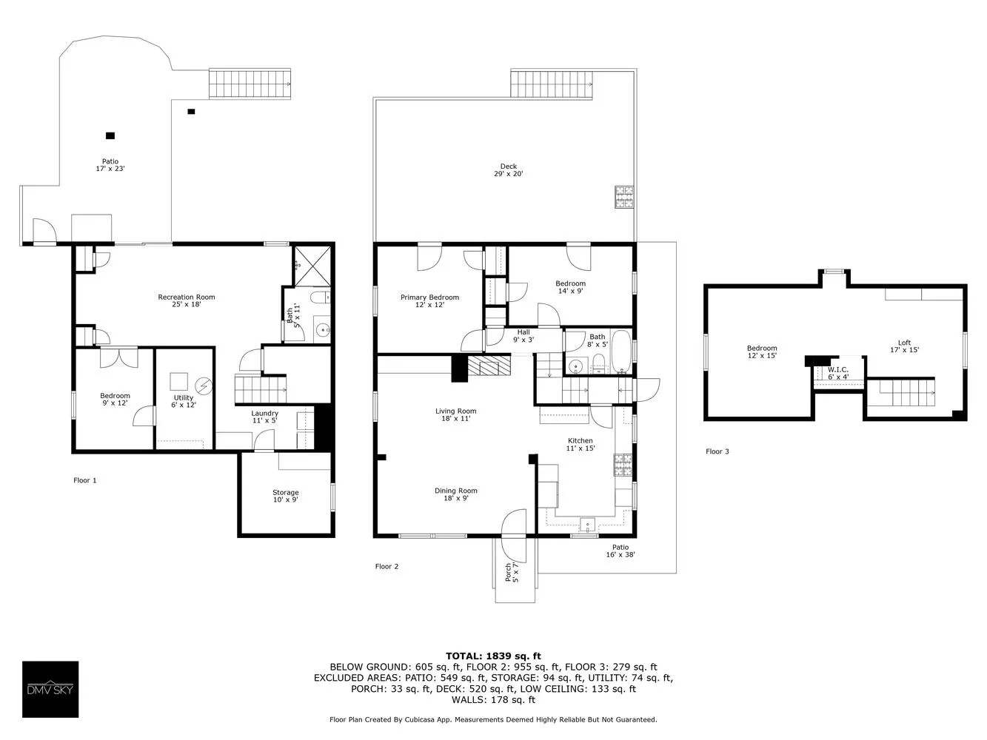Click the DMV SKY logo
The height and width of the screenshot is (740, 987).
[x=50, y=689]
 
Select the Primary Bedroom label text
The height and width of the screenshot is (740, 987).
[x=429, y=297]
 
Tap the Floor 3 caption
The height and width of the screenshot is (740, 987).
[x=717, y=451]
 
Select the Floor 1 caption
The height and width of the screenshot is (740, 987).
[x=84, y=480]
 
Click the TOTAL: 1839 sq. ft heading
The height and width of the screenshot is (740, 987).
[x=493, y=656]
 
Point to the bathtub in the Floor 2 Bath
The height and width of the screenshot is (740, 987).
[x=621, y=353]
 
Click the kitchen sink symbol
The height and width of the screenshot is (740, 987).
[x=588, y=525]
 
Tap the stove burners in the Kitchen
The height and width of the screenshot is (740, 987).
[x=621, y=465]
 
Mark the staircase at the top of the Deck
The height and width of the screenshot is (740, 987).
[x=552, y=83]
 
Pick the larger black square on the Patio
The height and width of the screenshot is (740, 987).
[x=110, y=135]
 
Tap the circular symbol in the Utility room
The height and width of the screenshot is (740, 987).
[x=203, y=386]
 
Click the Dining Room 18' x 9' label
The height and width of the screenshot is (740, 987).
[x=455, y=494]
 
